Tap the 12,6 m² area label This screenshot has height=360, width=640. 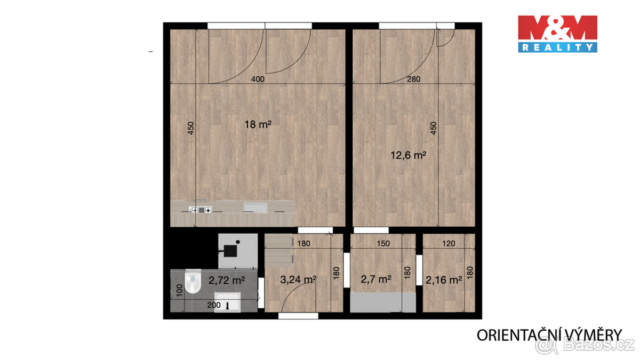(409, 155)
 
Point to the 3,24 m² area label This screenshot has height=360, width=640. (299, 278)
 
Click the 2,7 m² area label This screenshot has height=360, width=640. (377, 278)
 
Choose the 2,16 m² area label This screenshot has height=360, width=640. (444, 279)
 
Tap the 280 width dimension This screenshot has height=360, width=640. (414, 79)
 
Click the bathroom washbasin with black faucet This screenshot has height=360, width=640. (229, 302)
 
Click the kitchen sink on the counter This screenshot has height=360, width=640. (254, 207)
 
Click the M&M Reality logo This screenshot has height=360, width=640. (557, 34)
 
